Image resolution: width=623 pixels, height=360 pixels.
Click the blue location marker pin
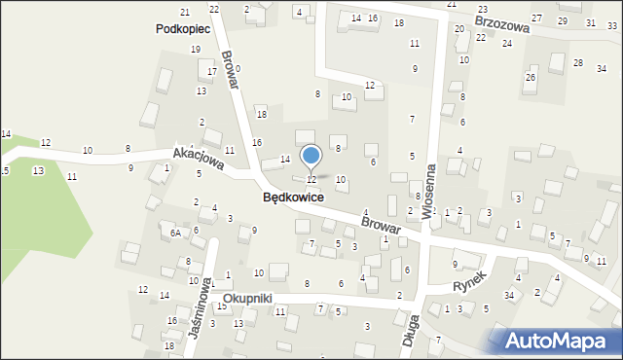click(311, 157)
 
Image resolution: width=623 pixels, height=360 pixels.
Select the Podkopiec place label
click(184, 29)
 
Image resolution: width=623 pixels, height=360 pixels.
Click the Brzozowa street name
click(501, 23)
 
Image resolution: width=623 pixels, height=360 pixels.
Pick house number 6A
click(175, 234)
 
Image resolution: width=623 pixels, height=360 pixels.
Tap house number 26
click(531, 77)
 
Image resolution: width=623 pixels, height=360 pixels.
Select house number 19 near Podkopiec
click(196, 49)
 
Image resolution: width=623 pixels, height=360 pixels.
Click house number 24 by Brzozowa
click(506, 44)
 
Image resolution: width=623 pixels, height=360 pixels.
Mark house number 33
click(612, 26)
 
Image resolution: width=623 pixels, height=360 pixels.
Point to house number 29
click(563, 20)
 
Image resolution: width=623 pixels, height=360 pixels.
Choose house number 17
click(211, 71)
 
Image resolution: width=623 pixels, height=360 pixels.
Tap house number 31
click(590, 22)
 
